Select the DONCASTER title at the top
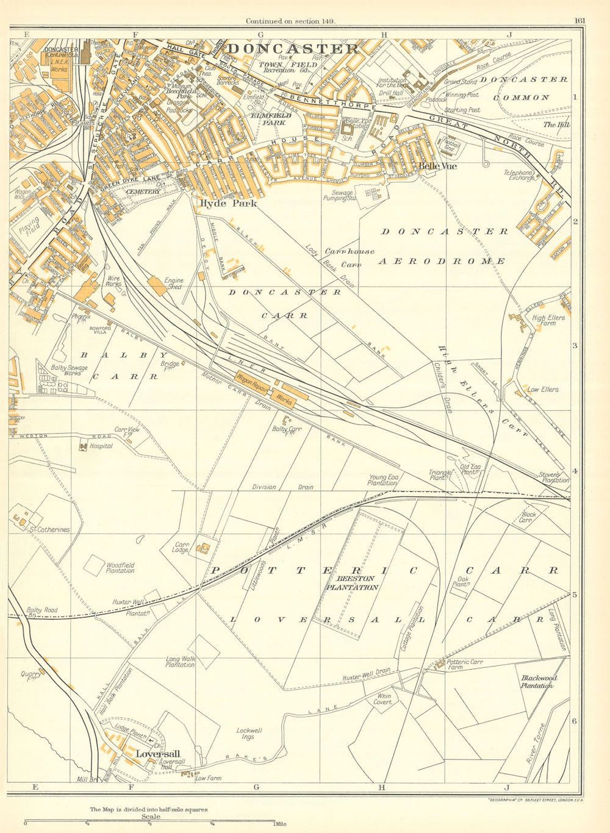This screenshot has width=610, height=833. [x=293, y=49]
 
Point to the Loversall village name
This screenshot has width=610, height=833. [x=157, y=754]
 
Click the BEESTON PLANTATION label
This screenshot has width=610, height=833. [x=351, y=583]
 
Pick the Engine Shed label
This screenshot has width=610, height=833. [x=174, y=284]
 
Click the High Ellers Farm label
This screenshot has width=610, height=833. [x=548, y=321]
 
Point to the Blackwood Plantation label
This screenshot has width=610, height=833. [x=539, y=681]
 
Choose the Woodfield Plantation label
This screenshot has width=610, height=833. [x=120, y=568]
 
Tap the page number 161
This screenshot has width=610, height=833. [x=579, y=21]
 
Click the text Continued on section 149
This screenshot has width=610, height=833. [x=290, y=21]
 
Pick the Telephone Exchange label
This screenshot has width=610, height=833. [x=518, y=176]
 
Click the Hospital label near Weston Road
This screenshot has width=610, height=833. [x=100, y=446]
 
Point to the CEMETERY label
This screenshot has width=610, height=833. [x=145, y=191]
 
